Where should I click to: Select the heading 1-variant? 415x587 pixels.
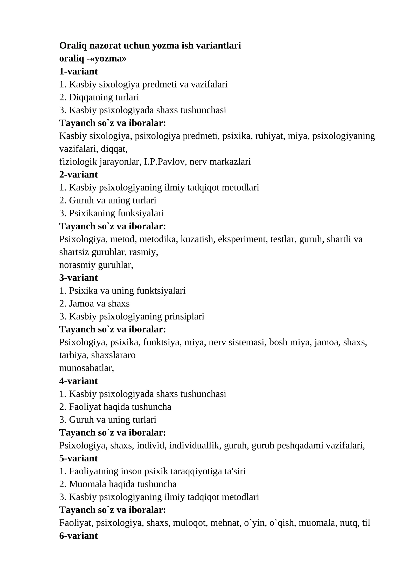pyautogui.click(x=78, y=71)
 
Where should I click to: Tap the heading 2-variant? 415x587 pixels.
pyautogui.click(x=78, y=174)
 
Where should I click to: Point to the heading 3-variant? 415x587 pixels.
pyautogui.click(x=78, y=278)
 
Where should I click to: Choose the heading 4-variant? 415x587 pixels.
pyautogui.click(x=78, y=381)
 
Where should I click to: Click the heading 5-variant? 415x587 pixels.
pyautogui.click(x=78, y=458)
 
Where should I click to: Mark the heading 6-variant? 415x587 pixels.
pyautogui.click(x=78, y=536)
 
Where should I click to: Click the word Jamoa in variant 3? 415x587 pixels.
pyautogui.click(x=82, y=304)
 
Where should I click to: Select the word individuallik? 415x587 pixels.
pyautogui.click(x=194, y=446)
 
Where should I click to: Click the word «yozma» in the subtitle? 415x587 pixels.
pyautogui.click(x=110, y=59)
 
